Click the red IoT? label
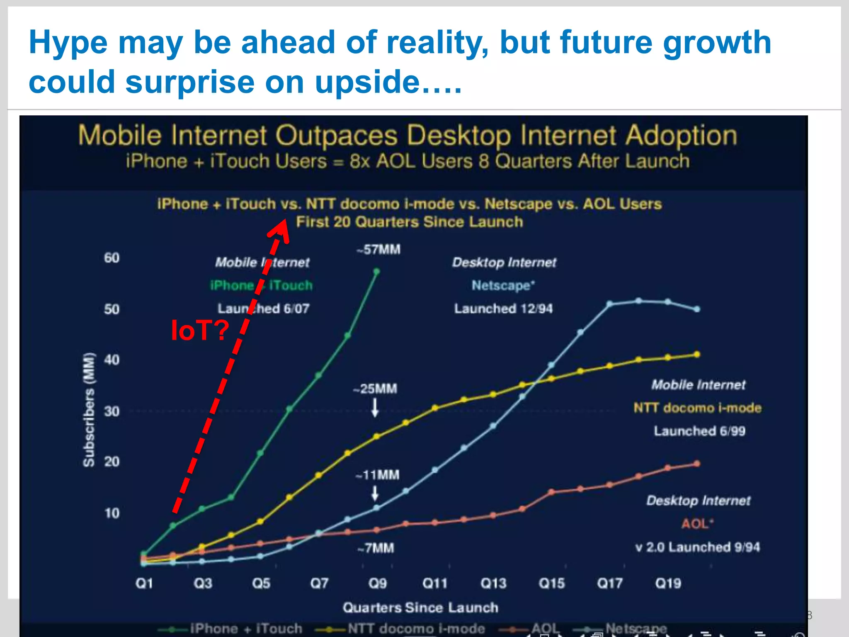pos(200,330)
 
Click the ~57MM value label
pos(378,250)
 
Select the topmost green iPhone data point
pos(376,272)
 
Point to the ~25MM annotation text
pos(375,389)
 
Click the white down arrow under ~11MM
pos(375,494)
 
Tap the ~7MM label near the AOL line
pos(376,548)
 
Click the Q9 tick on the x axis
pos(377,583)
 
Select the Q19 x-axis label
pos(668,583)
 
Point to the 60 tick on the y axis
pos(112,258)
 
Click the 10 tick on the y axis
pos(112,513)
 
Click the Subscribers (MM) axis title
pos(89,410)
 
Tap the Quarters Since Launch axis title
pos(420,608)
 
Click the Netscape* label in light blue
pos(503,285)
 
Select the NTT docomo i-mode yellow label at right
pos(697,408)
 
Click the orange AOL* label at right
pos(697,524)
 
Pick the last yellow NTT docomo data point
pos(697,355)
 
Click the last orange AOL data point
pos(697,464)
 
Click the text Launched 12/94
pos(503,309)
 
